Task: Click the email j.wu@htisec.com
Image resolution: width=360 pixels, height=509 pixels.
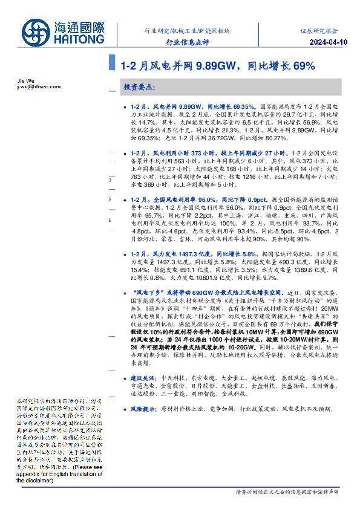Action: (37, 87)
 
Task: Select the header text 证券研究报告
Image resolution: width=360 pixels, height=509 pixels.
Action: (319, 30)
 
